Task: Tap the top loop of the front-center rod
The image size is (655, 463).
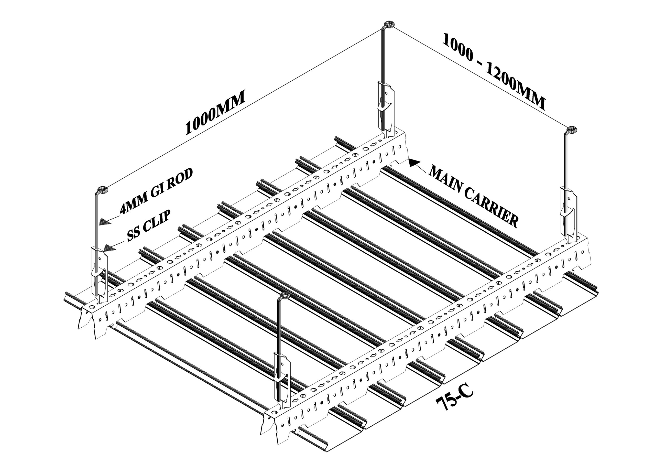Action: point(284,296)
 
